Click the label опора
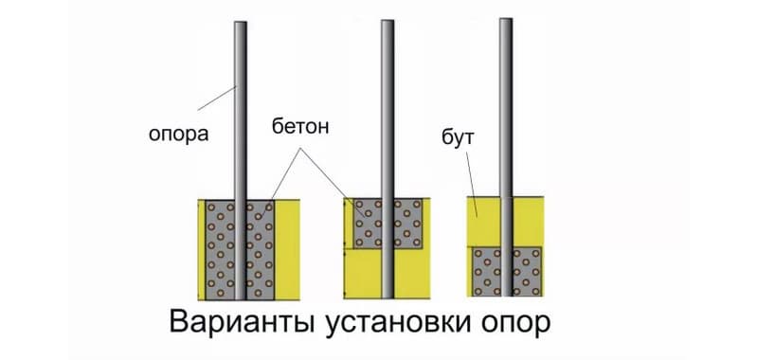(177, 134)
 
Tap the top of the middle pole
(387, 24)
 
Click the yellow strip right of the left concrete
(287, 246)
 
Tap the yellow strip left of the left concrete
(203, 246)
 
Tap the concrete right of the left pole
(261, 246)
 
